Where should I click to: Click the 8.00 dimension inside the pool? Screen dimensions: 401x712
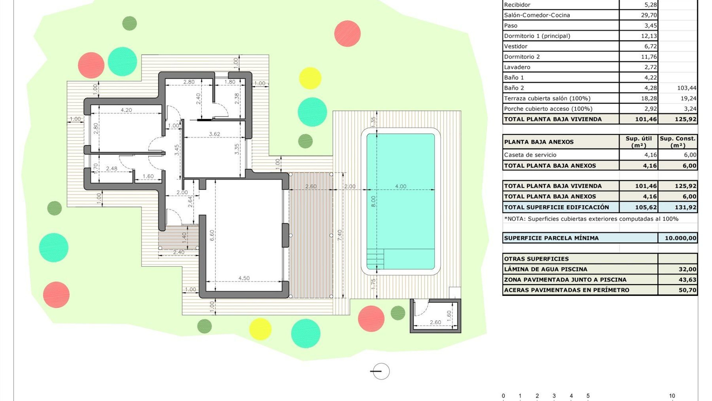[x=373, y=201]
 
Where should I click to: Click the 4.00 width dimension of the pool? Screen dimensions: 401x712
[x=400, y=186]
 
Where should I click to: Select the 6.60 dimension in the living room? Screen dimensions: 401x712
[x=212, y=235]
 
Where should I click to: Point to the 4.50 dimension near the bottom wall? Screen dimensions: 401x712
[x=244, y=278]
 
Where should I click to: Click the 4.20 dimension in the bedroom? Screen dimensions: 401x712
[x=126, y=110]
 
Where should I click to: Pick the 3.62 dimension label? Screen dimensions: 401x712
[x=214, y=134]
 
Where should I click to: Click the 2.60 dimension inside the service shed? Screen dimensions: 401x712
[x=435, y=322]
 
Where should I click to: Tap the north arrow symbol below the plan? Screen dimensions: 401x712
[x=380, y=371]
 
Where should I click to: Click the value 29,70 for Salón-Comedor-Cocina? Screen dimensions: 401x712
[x=649, y=15]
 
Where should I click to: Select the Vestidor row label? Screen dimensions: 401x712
[x=515, y=46]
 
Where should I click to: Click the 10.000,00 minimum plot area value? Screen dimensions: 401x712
[x=680, y=238]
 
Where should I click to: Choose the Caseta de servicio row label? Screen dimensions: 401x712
[x=530, y=155]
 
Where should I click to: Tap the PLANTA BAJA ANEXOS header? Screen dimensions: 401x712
[x=538, y=142]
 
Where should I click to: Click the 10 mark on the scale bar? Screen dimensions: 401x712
[x=672, y=396]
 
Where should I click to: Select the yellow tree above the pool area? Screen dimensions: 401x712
[x=310, y=78]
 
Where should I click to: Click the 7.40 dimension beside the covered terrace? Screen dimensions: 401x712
[x=340, y=235]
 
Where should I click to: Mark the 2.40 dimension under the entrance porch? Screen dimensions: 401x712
[x=178, y=252]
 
